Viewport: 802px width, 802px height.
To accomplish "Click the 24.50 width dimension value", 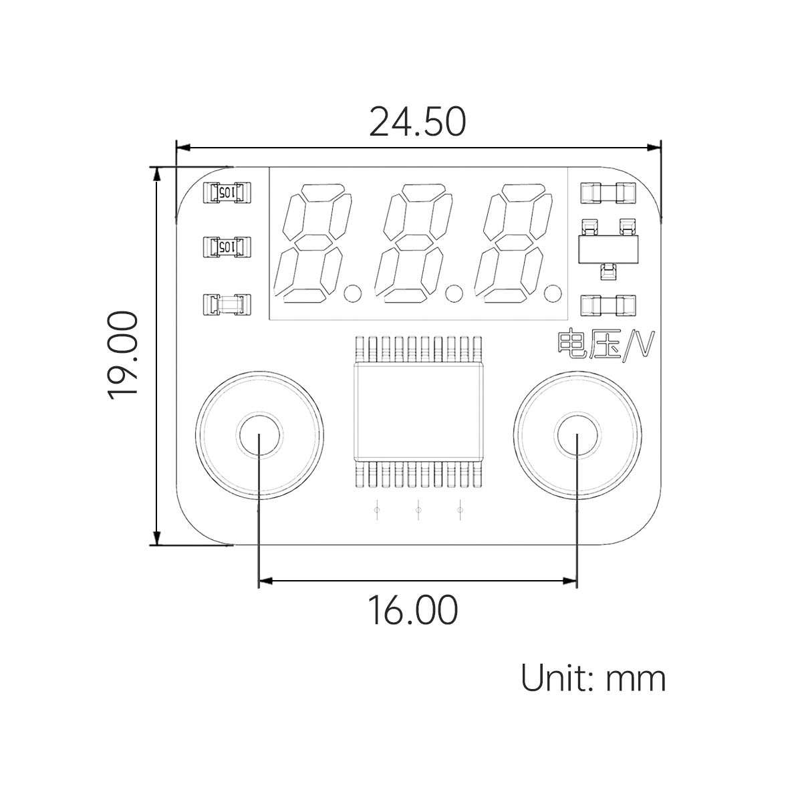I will (417, 122).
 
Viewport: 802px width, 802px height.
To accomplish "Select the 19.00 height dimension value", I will (123, 355).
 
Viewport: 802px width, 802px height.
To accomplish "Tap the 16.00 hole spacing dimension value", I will (414, 610).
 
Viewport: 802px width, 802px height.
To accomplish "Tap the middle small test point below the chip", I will (418, 511).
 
